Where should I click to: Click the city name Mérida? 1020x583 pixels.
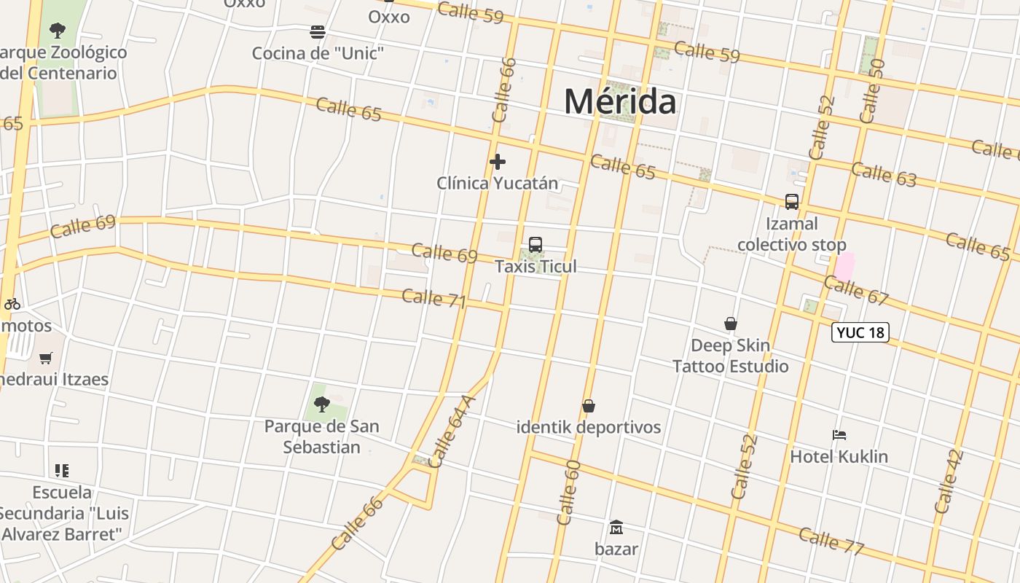click(x=620, y=101)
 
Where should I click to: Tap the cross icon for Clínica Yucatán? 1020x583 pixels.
click(x=498, y=161)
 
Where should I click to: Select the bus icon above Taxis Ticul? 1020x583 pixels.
click(x=535, y=245)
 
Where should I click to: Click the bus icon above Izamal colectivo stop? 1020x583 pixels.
click(x=791, y=202)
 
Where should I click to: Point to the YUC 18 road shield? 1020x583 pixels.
click(x=860, y=332)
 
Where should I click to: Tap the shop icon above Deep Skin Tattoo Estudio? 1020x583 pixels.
click(x=730, y=323)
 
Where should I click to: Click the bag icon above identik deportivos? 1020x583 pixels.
click(x=589, y=406)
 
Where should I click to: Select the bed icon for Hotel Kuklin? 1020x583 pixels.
click(x=839, y=435)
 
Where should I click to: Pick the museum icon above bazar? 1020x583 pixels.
click(x=616, y=527)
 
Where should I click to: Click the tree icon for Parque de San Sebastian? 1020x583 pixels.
click(x=321, y=404)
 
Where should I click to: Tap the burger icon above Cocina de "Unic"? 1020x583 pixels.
click(x=318, y=32)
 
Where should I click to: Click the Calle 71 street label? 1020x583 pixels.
click(x=433, y=298)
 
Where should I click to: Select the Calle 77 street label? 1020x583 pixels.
click(x=831, y=541)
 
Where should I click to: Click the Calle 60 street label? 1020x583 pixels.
click(x=568, y=493)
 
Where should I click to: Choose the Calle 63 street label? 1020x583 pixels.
click(x=883, y=174)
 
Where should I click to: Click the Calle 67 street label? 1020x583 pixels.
click(x=857, y=289)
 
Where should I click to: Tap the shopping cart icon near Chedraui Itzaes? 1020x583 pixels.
click(x=46, y=358)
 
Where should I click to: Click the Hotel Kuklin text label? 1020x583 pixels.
click(x=839, y=457)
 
